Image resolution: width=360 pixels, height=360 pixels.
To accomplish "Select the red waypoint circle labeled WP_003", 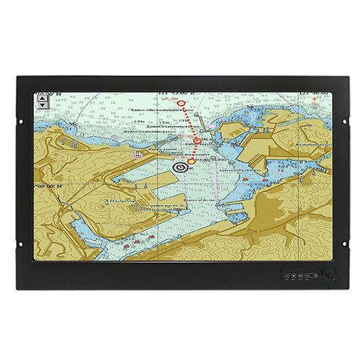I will (x=181, y=102).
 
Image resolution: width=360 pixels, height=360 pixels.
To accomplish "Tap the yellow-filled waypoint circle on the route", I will (x=191, y=161).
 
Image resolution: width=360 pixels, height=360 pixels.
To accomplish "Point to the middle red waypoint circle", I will (x=197, y=140).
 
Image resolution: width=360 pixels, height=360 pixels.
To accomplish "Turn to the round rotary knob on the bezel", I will (x=330, y=274).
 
